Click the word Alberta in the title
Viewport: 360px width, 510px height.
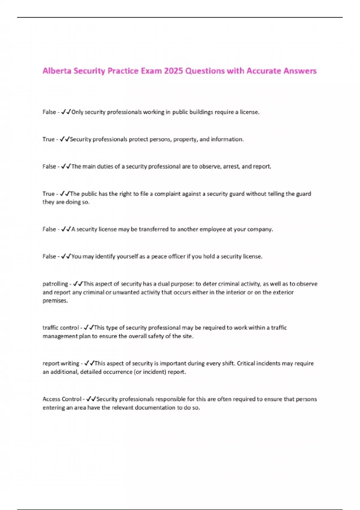(57, 71)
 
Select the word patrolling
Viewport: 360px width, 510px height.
(55, 284)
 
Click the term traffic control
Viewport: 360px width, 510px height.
(61, 328)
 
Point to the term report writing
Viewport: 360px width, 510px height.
(61, 363)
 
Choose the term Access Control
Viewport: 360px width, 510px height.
(62, 399)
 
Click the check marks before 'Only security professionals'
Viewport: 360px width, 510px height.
(66, 112)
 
